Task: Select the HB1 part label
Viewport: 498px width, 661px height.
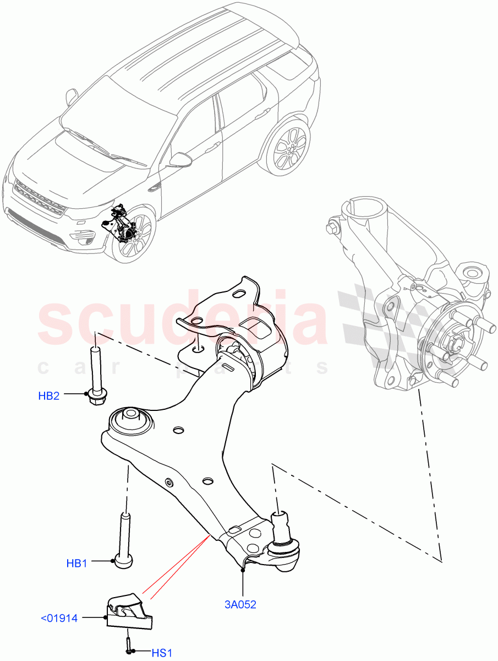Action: click(77, 563)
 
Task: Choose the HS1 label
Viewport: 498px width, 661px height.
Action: click(162, 653)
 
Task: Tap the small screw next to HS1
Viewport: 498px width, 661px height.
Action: click(128, 645)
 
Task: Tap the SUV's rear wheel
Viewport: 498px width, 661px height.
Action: click(289, 148)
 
